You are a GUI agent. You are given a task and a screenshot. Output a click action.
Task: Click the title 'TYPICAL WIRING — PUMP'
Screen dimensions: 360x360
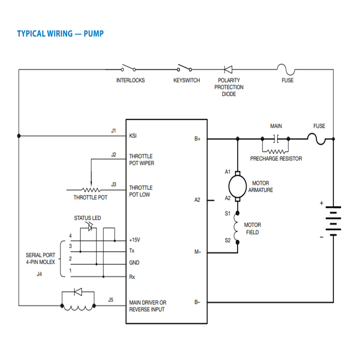click(x=60, y=34)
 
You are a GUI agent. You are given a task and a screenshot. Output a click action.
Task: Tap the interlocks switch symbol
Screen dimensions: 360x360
click(x=128, y=69)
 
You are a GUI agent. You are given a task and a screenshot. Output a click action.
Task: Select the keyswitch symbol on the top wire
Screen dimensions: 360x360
click(x=184, y=69)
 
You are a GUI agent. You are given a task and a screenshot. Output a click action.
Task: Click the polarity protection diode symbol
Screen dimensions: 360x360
click(x=228, y=69)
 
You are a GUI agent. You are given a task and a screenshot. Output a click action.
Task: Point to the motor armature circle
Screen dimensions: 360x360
click(x=237, y=184)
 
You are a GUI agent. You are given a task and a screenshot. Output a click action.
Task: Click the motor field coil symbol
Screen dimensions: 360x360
click(x=237, y=227)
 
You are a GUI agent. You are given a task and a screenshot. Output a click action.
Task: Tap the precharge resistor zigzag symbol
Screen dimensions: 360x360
click(x=276, y=151)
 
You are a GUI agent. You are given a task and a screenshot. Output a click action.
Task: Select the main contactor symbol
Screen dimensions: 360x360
click(x=276, y=139)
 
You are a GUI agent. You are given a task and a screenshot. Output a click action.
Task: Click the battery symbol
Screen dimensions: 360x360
click(x=333, y=221)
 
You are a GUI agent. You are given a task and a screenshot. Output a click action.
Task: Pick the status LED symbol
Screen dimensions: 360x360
click(x=90, y=228)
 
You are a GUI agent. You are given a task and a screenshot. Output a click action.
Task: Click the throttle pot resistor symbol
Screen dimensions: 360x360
click(x=91, y=189)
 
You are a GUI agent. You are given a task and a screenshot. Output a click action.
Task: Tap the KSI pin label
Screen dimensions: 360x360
click(x=133, y=135)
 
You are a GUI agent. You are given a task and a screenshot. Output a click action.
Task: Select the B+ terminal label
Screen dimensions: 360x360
click(x=198, y=139)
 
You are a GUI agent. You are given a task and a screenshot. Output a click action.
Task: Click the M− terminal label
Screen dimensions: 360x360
click(x=198, y=252)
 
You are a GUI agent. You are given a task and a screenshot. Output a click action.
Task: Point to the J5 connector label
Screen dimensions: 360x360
click(x=111, y=300)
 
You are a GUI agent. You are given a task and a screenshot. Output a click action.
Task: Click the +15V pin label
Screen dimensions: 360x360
click(x=135, y=240)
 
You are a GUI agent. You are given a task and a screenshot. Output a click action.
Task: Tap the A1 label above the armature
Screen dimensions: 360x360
click(x=228, y=172)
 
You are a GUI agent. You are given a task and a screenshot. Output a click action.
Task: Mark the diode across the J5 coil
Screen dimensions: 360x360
click(x=78, y=292)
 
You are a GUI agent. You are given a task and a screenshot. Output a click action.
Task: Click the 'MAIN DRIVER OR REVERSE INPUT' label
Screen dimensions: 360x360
click(x=147, y=306)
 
